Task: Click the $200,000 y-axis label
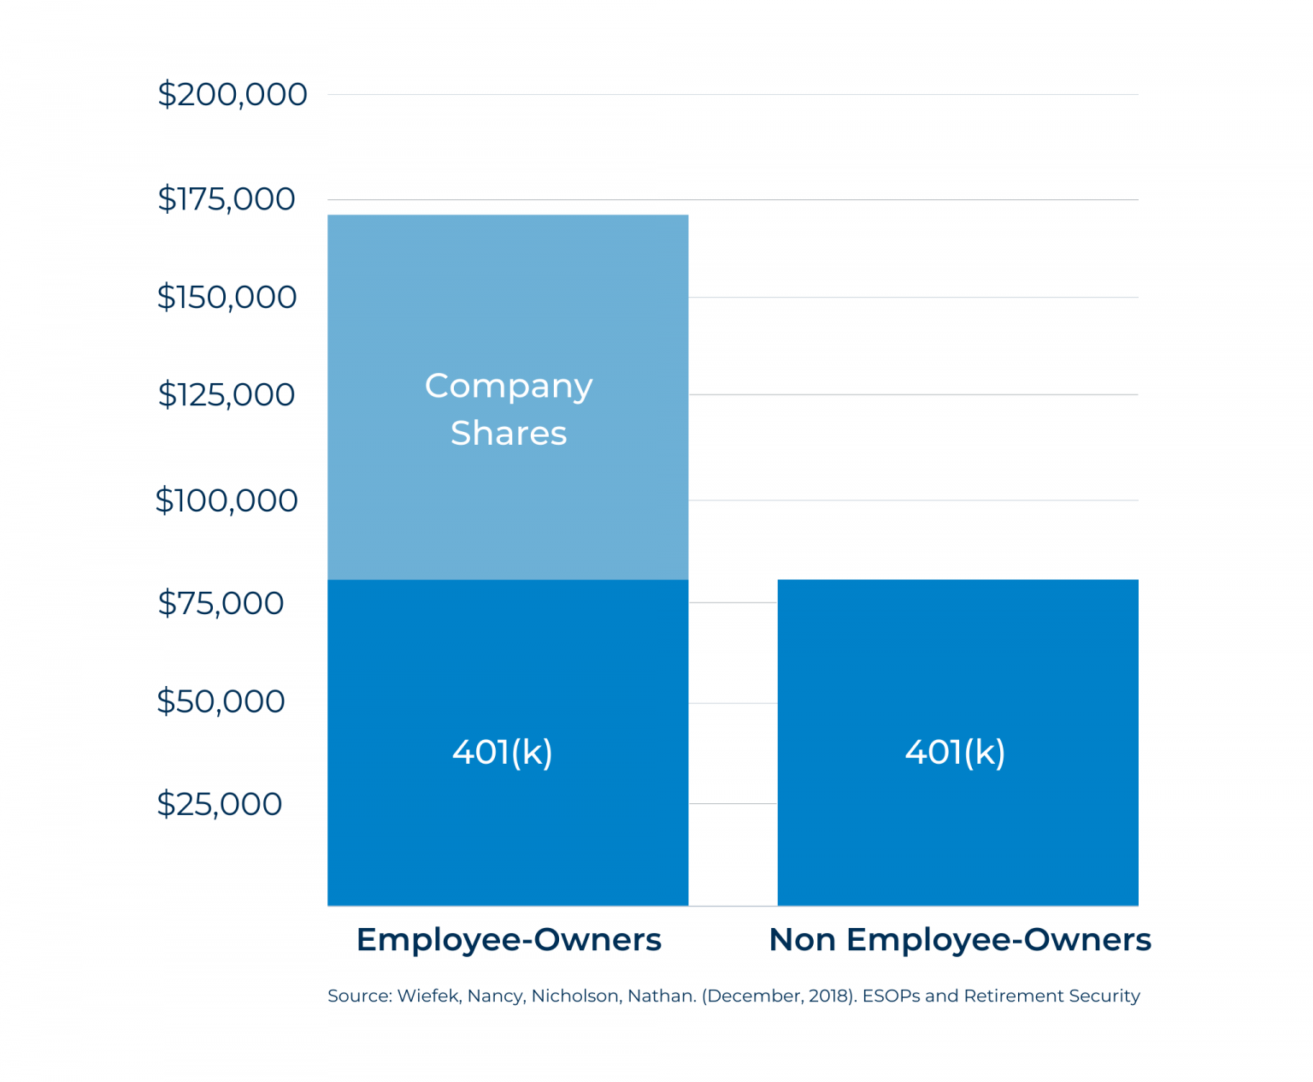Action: (232, 94)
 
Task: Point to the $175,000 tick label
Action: (227, 199)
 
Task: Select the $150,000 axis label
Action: (227, 297)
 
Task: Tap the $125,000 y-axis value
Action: (227, 394)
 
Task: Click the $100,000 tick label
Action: (227, 500)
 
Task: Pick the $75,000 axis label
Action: (221, 603)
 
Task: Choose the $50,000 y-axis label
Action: (221, 701)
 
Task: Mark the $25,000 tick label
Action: (220, 804)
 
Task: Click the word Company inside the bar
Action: (509, 387)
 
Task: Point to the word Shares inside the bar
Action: (509, 434)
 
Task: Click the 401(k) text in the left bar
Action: (503, 753)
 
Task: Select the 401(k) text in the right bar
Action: (955, 753)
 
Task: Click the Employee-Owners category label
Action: (509, 939)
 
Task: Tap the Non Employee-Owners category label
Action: (959, 939)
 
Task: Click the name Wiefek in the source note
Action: (428, 996)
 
